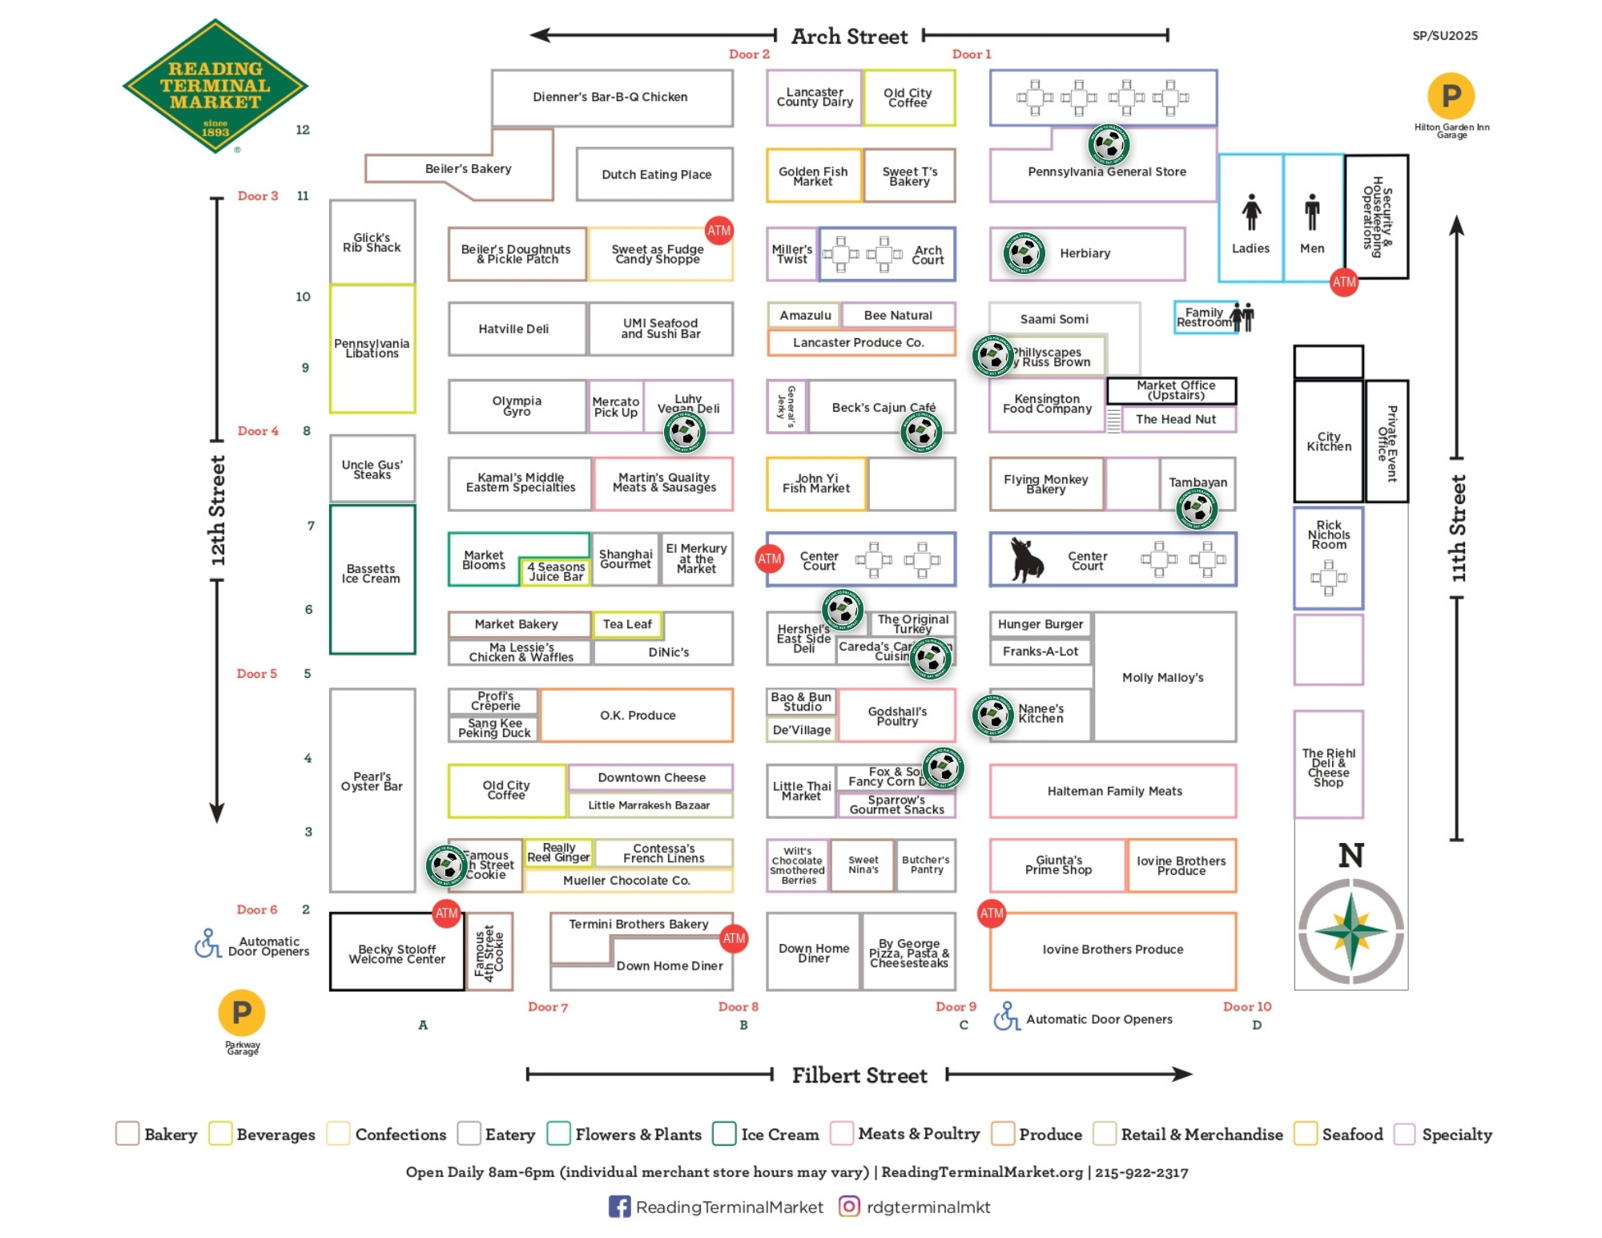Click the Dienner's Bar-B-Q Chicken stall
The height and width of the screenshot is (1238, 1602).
[611, 97]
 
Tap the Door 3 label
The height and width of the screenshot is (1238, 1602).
[257, 196]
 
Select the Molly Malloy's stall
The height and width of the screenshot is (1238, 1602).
[1163, 678]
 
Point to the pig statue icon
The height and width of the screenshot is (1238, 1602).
[1026, 559]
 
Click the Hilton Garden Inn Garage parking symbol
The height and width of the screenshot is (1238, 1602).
[1451, 96]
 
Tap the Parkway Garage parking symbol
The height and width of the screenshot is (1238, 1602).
[241, 1013]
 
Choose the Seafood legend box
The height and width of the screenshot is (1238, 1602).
[1306, 1134]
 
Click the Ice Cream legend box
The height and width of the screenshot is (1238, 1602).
[724, 1134]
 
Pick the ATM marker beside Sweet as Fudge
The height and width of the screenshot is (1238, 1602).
[718, 231]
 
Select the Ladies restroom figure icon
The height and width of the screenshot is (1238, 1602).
[1251, 212]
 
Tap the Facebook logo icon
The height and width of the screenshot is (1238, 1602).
[619, 1207]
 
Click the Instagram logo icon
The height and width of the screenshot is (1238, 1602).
[849, 1206]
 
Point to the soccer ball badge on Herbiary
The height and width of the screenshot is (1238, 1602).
[1024, 253]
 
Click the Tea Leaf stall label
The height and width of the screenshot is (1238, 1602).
[627, 624]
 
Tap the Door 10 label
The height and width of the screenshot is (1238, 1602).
[1246, 1007]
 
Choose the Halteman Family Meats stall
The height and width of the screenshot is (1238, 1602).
[1113, 792]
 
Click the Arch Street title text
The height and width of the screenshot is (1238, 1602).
[849, 37]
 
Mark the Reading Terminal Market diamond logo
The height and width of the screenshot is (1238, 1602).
[215, 87]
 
